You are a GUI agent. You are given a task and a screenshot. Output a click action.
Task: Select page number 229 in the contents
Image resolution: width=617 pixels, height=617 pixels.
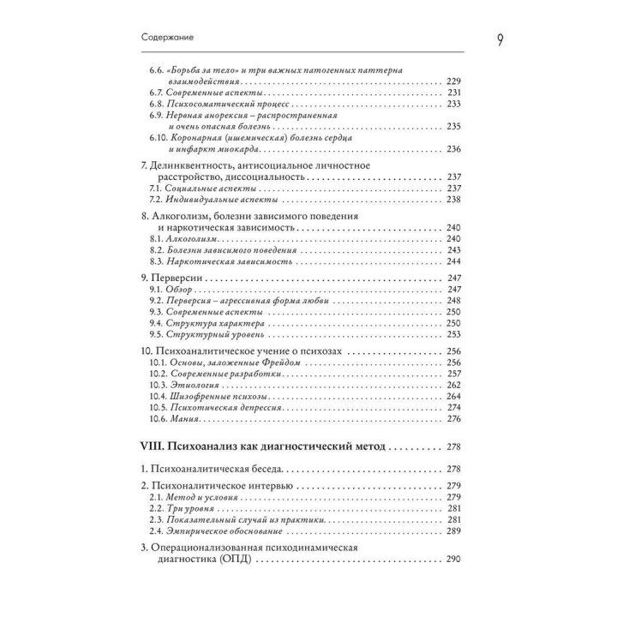[x=454, y=81]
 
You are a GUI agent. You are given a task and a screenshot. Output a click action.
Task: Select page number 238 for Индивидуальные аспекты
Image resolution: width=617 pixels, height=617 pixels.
[x=454, y=199]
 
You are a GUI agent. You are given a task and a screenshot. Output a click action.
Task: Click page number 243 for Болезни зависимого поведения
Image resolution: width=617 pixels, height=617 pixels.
[x=454, y=249]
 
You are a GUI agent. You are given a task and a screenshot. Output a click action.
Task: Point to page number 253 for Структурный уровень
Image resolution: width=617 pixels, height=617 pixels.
[x=454, y=335]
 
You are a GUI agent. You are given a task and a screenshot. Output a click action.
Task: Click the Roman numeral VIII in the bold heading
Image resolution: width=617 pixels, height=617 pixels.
[x=153, y=446]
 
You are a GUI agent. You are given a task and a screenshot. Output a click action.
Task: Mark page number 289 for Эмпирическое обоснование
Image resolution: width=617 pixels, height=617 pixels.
[x=454, y=532]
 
